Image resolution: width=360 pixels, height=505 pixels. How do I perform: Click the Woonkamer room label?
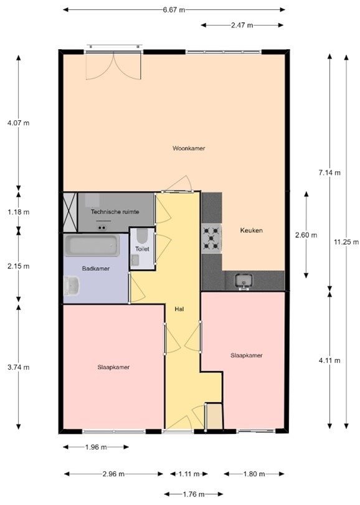point(189,148)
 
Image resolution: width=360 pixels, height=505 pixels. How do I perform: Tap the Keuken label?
point(252,230)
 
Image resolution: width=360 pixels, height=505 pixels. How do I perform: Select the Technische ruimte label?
point(115,212)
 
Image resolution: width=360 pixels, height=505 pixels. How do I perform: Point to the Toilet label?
point(143,249)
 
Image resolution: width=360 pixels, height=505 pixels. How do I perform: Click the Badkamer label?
point(96,268)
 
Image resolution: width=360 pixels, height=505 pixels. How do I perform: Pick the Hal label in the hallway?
point(179,309)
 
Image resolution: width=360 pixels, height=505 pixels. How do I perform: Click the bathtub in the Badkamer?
point(92,246)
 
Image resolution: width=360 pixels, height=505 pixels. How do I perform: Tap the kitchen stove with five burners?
point(212,238)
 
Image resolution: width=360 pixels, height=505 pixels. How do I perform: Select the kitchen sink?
point(244,281)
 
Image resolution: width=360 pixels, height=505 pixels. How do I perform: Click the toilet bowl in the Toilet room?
point(141,237)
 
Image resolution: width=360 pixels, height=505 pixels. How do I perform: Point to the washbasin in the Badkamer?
point(72,286)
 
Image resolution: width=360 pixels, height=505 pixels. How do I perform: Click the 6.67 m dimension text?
point(174,10)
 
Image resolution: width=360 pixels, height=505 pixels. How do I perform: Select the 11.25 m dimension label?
point(346,242)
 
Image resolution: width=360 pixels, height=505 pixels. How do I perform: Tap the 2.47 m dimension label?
point(242,25)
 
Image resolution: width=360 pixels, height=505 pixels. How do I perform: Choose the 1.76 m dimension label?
point(194,494)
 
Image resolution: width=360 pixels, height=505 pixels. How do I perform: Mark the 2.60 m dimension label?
point(306,235)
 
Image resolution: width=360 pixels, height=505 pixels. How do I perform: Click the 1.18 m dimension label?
point(18,212)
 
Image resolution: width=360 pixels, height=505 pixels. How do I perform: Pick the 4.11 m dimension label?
point(329,361)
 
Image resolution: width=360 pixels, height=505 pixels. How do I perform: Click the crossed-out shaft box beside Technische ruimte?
point(70,212)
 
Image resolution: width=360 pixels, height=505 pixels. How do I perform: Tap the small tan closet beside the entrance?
point(214,417)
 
